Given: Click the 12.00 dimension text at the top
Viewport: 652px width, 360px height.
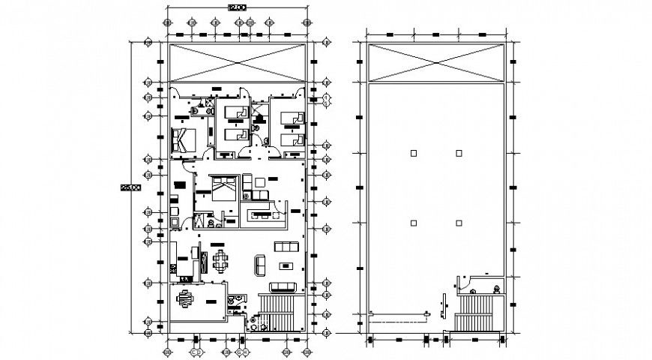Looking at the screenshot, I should coord(236,7).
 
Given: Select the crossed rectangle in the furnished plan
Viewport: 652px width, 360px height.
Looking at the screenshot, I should coord(238,62).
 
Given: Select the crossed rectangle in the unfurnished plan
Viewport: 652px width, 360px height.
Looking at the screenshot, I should coord(436,62).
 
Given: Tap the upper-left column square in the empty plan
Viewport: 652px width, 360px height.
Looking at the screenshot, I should coord(413,153).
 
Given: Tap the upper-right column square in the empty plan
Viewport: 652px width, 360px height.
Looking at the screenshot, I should coord(459,153).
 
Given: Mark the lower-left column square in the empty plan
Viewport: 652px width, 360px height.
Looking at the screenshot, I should coord(413,222).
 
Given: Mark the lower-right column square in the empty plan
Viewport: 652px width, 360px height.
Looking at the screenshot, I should coord(459,222).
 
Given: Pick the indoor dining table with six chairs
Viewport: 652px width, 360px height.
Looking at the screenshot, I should coord(222,262).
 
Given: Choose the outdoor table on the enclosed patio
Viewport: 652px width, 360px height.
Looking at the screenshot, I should coord(185,299).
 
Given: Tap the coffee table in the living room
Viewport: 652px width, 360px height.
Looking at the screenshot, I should coord(286,265).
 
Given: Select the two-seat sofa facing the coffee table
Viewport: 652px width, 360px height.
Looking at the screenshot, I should coord(261,265).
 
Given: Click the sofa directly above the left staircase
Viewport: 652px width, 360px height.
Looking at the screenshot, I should coord(283,286).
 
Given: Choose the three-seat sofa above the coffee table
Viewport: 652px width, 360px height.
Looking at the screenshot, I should coord(286,246).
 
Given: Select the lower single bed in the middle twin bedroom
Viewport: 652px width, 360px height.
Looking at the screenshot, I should coord(238,135).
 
